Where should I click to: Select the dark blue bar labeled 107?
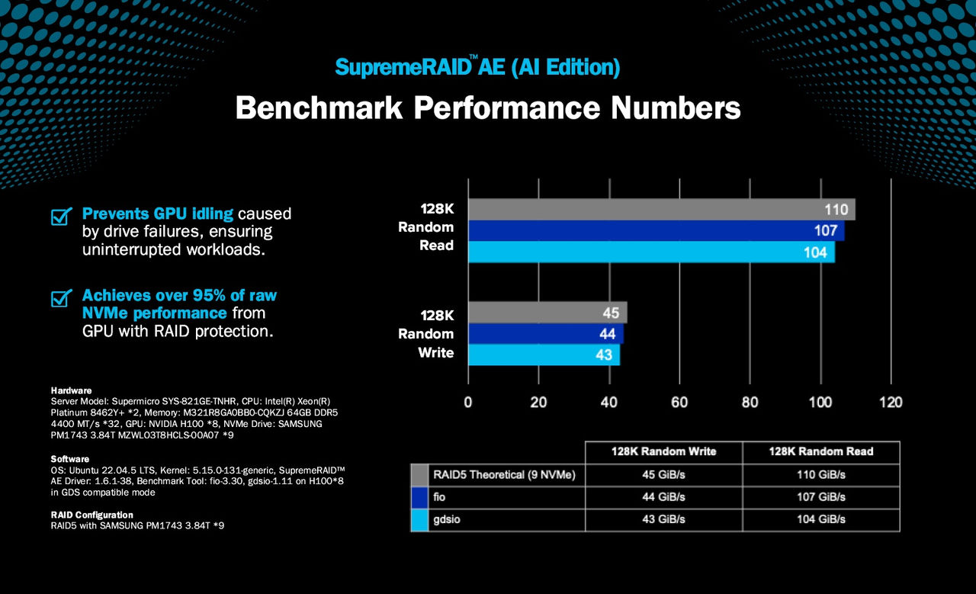tap(656, 230)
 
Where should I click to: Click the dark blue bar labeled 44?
tap(545, 334)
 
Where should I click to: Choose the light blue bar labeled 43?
tap(544, 355)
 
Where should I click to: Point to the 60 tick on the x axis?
tap(679, 402)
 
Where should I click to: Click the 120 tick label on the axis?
tap(891, 402)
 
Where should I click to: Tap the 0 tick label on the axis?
tap(468, 402)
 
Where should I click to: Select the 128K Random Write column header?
tap(663, 451)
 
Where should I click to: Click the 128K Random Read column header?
tap(820, 451)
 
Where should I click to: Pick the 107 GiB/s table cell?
tap(820, 497)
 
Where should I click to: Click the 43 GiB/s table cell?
tap(663, 519)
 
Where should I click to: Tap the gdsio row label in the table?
tap(451, 519)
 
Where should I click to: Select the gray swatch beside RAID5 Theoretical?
tap(419, 475)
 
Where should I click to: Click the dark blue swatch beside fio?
tap(419, 497)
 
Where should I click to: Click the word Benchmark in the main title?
tap(319, 108)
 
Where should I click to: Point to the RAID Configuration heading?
tap(91, 515)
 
